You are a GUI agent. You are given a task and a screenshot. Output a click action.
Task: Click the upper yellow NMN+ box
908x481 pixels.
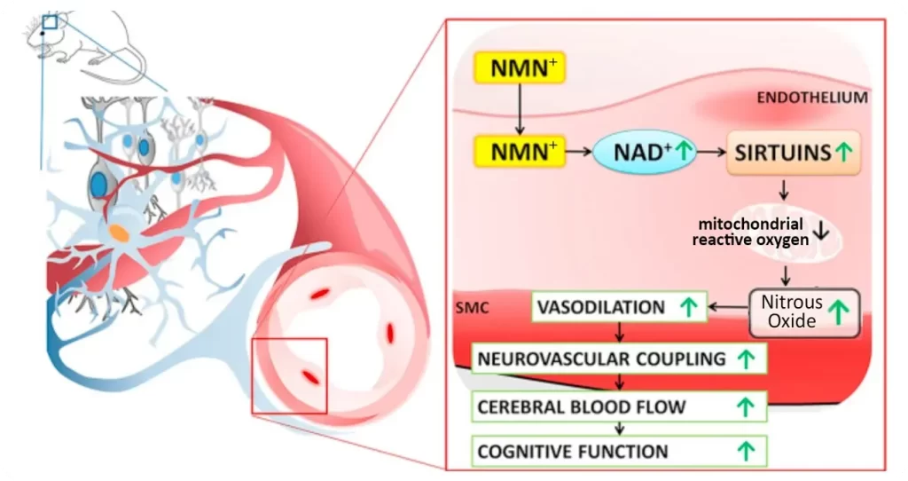pyautogui.click(x=520, y=67)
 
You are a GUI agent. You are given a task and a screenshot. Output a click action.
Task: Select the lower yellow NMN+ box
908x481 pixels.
pyautogui.click(x=520, y=152)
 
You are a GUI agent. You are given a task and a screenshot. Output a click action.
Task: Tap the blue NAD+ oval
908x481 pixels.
pyautogui.click(x=645, y=152)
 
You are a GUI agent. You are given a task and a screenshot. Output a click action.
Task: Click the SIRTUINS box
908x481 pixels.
pyautogui.click(x=794, y=153)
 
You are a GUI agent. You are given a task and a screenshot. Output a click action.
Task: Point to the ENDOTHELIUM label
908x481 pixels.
pyautogui.click(x=812, y=98)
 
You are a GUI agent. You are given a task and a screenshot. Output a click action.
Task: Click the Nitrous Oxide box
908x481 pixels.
pyautogui.click(x=804, y=312)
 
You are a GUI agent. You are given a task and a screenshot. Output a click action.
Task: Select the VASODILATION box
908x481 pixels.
pyautogui.click(x=619, y=306)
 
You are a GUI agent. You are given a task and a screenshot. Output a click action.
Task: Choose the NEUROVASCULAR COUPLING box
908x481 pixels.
pyautogui.click(x=619, y=359)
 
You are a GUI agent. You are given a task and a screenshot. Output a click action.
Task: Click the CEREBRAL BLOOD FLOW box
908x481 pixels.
pyautogui.click(x=619, y=406)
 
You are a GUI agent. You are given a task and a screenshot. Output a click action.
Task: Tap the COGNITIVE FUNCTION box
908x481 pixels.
pyautogui.click(x=619, y=451)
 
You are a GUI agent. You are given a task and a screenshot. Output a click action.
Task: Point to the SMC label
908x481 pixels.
pyautogui.click(x=472, y=307)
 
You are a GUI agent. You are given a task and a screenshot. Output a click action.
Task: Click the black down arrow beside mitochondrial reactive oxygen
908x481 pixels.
pyautogui.click(x=821, y=232)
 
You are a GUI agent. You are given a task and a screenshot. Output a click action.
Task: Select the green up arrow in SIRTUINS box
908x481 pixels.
pyautogui.click(x=844, y=152)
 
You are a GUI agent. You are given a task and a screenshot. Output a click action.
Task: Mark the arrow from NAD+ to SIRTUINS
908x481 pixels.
pyautogui.click(x=711, y=152)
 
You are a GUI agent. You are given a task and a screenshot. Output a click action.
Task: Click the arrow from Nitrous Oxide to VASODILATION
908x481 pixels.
pyautogui.click(x=729, y=306)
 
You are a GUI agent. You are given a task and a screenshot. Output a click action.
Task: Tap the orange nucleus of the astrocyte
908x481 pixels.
pyautogui.click(x=118, y=233)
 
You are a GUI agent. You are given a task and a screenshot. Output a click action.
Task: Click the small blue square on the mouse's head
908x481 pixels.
pyautogui.click(x=50, y=22)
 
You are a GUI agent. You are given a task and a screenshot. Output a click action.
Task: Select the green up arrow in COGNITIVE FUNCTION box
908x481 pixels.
pyautogui.click(x=746, y=451)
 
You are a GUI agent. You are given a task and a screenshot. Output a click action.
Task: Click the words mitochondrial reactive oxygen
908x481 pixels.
pyautogui.click(x=750, y=232)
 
